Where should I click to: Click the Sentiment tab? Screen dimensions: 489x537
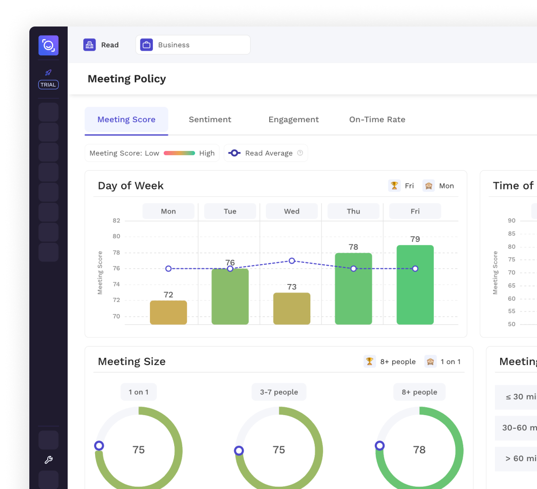tap(210, 119)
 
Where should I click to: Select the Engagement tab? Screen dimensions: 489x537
tap(293, 119)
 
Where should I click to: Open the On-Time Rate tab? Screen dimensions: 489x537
tap(377, 119)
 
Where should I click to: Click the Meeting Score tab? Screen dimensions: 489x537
tap(126, 119)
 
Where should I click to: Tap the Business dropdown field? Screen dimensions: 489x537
tap(193, 45)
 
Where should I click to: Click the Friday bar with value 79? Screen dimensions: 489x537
tap(415, 285)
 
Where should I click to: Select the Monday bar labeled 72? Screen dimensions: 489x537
tap(168, 312)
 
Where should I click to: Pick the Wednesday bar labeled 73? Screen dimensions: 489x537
tap(292, 308)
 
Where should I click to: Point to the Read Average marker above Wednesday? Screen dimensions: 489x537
tap(292, 261)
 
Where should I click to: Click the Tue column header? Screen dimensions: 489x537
tap(230, 211)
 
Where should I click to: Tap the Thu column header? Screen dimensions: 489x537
tap(353, 211)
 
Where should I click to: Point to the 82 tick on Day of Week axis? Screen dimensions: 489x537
tap(116, 221)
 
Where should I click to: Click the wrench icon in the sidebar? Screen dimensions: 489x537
tap(48, 460)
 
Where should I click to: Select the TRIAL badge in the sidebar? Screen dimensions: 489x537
tap(48, 85)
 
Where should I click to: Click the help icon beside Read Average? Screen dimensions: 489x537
tap(300, 153)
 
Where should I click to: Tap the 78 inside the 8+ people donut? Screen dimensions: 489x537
tap(419, 450)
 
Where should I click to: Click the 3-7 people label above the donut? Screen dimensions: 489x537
tap(279, 392)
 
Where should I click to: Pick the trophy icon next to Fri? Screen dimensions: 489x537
tap(394, 186)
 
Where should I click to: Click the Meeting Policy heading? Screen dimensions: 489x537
tap(127, 79)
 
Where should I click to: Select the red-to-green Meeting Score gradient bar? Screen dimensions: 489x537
tap(179, 153)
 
